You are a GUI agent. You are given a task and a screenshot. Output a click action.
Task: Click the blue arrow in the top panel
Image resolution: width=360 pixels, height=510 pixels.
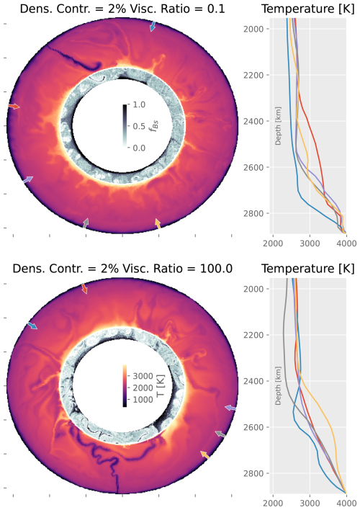tap(153, 27)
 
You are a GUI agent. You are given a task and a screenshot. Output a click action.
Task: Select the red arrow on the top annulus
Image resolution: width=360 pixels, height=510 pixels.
tap(14, 107)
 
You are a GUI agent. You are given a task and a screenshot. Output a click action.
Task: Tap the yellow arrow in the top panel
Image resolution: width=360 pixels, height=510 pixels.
tap(158, 224)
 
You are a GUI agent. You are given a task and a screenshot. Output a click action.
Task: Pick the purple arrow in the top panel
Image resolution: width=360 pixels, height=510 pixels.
tap(27, 179)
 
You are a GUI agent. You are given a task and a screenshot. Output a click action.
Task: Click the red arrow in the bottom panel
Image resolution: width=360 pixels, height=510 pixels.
tap(84, 288)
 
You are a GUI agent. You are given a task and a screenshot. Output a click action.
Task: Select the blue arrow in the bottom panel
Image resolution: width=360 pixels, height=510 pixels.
tap(32, 326)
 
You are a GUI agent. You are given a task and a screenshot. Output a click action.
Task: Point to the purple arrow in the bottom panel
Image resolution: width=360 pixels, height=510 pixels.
tap(230, 408)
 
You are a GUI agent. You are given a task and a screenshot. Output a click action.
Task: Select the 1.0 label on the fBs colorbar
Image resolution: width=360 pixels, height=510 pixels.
tap(141, 104)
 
